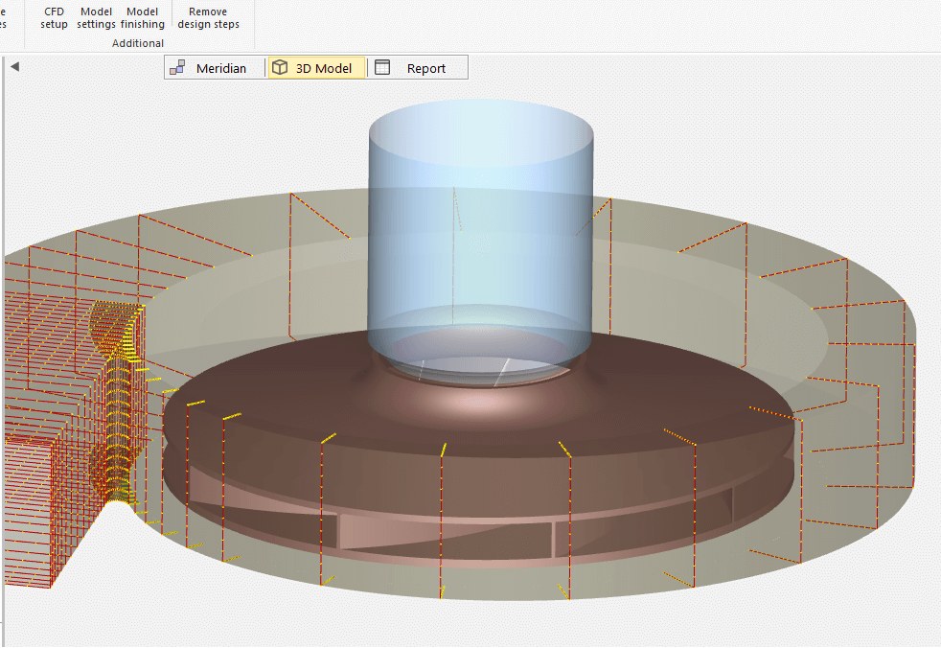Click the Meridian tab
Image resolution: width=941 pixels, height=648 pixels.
click(214, 68)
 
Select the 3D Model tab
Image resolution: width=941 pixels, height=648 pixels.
click(316, 68)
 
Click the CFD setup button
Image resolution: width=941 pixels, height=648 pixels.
click(54, 18)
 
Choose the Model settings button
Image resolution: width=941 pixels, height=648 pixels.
click(96, 18)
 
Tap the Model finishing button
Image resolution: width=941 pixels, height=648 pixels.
click(142, 18)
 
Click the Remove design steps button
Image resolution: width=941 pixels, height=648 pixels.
click(208, 18)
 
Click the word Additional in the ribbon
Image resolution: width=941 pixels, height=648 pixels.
click(137, 43)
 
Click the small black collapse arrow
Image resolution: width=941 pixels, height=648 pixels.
click(15, 67)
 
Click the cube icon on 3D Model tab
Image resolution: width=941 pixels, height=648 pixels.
click(280, 67)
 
